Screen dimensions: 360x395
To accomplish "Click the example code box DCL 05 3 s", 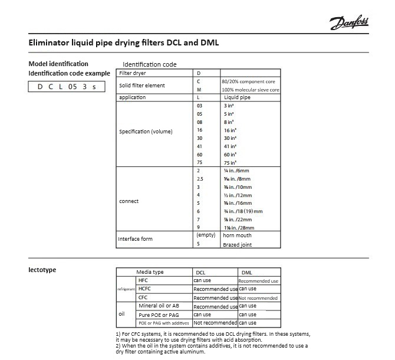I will pyautogui.click(x=67, y=87).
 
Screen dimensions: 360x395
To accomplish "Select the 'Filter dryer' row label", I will pyautogui.click(x=133, y=73).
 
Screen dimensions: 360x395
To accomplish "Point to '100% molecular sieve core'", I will pyautogui.click(x=251, y=90).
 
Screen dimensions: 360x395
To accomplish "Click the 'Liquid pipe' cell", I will pyautogui.click(x=238, y=97).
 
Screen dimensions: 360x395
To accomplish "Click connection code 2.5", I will pyautogui.click(x=200, y=178).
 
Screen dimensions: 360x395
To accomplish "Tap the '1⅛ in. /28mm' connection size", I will pyautogui.click(x=238, y=227).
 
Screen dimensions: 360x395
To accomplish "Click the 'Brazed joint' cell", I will pyautogui.click(x=237, y=244).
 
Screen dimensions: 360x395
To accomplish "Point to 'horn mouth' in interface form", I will pyautogui.click(x=237, y=235).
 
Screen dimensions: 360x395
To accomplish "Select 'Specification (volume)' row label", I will pyautogui.click(x=146, y=131).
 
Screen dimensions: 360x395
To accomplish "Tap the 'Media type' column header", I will pyautogui.click(x=150, y=272).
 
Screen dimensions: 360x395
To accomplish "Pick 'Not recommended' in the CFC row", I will pyautogui.click(x=258, y=298).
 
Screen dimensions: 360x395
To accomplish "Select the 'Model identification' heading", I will pyautogui.click(x=58, y=64).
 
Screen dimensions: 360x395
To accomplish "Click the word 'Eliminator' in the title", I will pyautogui.click(x=50, y=43).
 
